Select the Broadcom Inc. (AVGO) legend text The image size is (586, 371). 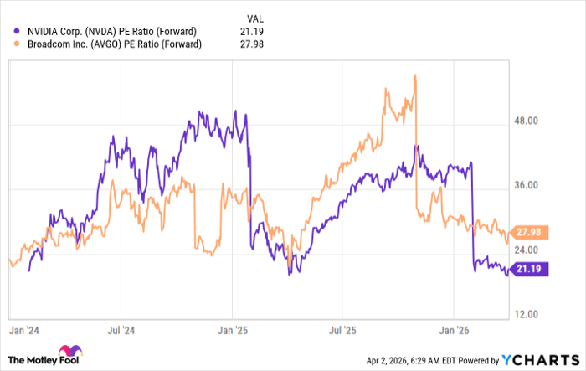[115, 44]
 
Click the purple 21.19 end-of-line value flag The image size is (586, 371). [530, 270]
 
